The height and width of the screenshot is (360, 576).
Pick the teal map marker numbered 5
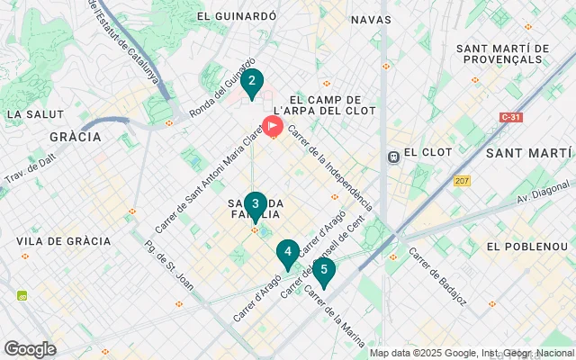[324, 270]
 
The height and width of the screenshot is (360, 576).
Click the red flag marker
[272, 128]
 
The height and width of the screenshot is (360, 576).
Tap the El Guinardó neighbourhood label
[229, 16]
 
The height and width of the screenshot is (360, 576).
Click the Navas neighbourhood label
[371, 19]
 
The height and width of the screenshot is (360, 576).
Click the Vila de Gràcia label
[63, 241]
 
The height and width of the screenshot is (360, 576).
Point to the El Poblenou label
[523, 246]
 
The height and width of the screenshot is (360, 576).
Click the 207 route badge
[463, 181]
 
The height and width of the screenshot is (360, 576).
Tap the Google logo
[30, 349]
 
